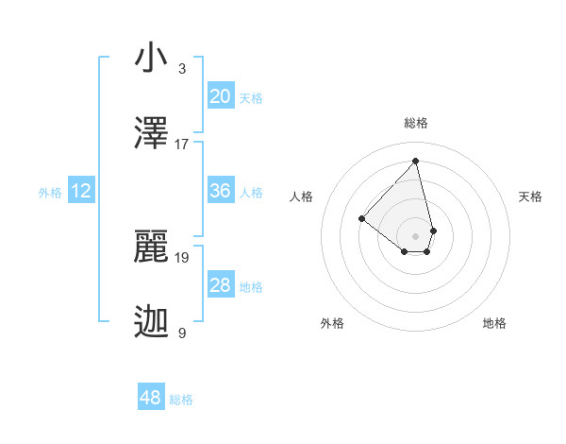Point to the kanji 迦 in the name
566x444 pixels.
click(151, 322)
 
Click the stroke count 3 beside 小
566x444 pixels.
click(182, 69)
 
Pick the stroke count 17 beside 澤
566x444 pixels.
click(182, 144)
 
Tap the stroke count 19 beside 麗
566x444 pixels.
click(182, 256)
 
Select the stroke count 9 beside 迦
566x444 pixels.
click(182, 332)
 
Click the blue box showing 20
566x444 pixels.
click(220, 96)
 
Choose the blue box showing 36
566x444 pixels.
click(220, 191)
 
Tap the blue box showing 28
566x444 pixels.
click(220, 285)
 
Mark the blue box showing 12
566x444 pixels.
click(81, 192)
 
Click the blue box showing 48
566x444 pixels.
click(151, 398)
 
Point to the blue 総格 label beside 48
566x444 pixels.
click(181, 400)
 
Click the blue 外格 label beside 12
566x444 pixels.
click(50, 193)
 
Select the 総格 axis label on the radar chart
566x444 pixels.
click(415, 123)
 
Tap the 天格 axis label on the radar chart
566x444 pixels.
click(530, 196)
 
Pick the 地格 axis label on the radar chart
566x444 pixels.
click(494, 323)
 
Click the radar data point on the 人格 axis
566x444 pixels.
click(361, 218)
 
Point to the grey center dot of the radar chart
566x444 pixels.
click(415, 235)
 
